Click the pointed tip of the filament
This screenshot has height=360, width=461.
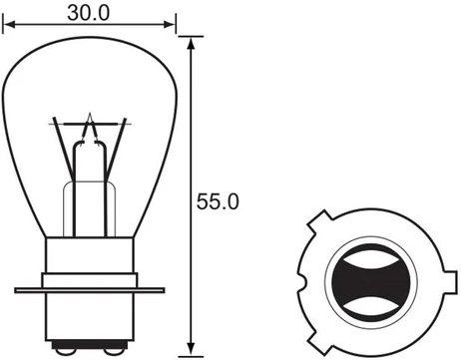(x=91, y=118)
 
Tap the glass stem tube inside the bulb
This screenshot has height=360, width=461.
(x=90, y=189)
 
